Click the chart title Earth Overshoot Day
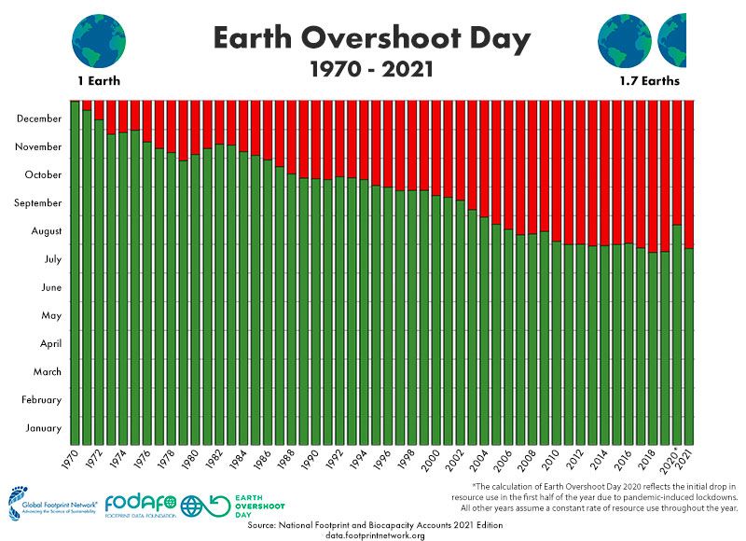click(x=371, y=38)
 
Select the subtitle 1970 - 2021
click(x=371, y=69)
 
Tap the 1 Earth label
click(x=100, y=82)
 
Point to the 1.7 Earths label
click(x=649, y=82)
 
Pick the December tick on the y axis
click(x=39, y=118)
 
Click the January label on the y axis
click(x=43, y=428)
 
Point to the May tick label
click(x=50, y=315)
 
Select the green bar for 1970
click(x=76, y=270)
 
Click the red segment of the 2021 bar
click(x=690, y=173)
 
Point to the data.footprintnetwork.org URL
click(x=375, y=535)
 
